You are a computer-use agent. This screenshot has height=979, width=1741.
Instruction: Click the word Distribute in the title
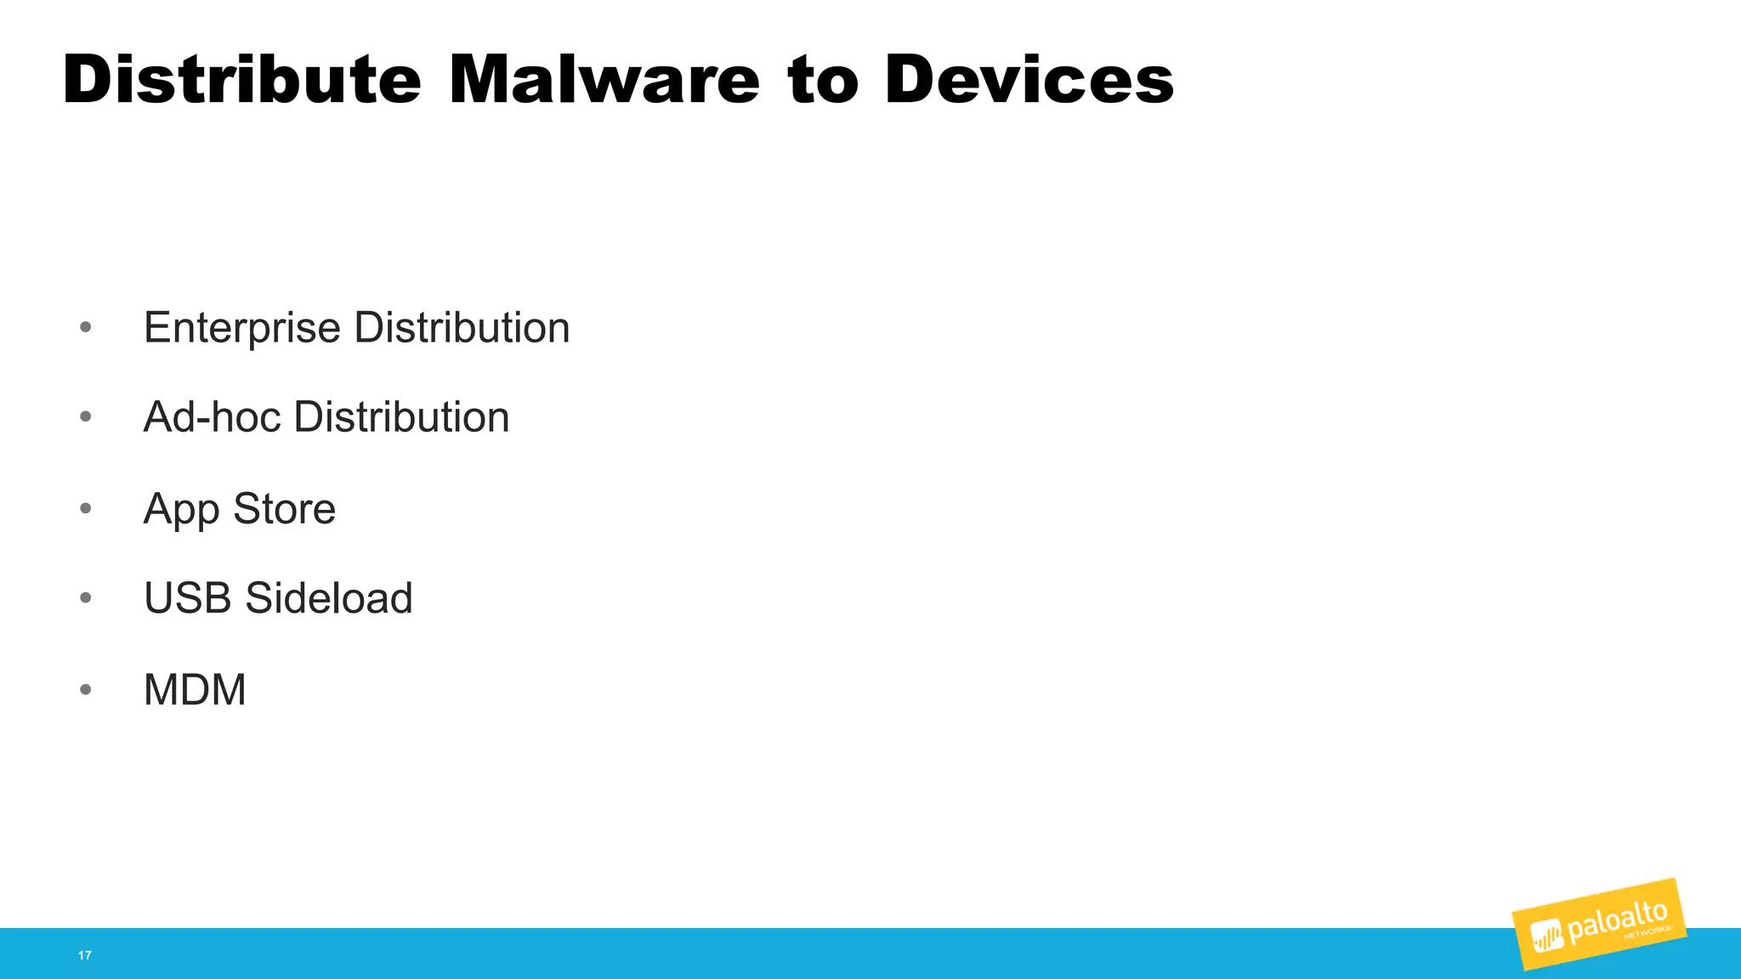point(241,80)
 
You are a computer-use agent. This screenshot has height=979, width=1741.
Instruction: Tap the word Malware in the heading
point(604,80)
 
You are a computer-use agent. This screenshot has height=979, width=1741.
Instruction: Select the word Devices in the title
point(1029,80)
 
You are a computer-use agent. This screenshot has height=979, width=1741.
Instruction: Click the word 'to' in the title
point(822,80)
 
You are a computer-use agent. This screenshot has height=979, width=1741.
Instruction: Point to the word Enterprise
point(242,328)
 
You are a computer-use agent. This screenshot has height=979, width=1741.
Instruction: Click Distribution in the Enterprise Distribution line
point(462,328)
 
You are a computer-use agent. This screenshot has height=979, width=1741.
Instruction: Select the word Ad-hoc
point(212,417)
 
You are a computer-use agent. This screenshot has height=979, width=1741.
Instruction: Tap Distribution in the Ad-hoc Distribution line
point(401,417)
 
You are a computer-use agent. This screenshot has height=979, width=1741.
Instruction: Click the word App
point(181,509)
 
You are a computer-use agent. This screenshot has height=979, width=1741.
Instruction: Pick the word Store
point(284,509)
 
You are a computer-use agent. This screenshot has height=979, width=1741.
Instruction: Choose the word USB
point(188,598)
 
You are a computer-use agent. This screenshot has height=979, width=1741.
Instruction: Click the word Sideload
point(329,598)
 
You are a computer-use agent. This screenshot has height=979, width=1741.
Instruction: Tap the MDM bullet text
point(195,689)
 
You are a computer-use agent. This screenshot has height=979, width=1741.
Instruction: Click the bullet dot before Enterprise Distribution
point(85,327)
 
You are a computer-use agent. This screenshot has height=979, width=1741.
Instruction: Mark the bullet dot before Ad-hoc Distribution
point(85,417)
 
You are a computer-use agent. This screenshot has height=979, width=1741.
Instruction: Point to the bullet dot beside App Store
point(85,508)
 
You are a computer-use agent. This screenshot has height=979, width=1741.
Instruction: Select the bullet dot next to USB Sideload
point(85,598)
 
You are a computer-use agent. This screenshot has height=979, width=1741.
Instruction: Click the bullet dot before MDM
point(85,689)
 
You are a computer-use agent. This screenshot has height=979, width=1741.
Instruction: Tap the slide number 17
point(84,955)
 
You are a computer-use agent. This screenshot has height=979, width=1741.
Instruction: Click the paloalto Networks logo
point(1599,925)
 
